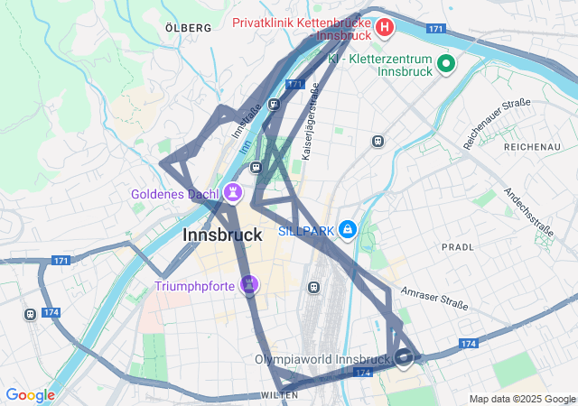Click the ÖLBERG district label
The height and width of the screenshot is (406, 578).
pyautogui.click(x=189, y=28)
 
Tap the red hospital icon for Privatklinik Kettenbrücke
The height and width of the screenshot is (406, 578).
pyautogui.click(x=385, y=28)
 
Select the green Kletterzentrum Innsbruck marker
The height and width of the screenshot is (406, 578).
pyautogui.click(x=445, y=63)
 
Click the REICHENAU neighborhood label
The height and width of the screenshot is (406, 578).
pyautogui.click(x=532, y=146)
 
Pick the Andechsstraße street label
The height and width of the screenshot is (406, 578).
pyautogui.click(x=528, y=212)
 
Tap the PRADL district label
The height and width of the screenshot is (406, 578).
pyautogui.click(x=458, y=246)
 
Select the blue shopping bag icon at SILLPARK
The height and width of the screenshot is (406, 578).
pyautogui.click(x=348, y=231)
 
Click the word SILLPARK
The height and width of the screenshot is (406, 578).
pyautogui.click(x=305, y=232)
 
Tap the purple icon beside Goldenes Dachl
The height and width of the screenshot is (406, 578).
pyautogui.click(x=233, y=193)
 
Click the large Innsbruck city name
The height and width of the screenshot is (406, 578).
pyautogui.click(x=222, y=235)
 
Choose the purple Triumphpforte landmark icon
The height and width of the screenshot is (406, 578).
pyautogui.click(x=250, y=286)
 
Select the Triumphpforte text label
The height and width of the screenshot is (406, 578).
pyautogui.click(x=195, y=287)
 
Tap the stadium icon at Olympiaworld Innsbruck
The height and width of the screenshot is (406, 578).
pyautogui.click(x=404, y=357)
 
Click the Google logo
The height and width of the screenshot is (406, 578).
pyautogui.click(x=30, y=395)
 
